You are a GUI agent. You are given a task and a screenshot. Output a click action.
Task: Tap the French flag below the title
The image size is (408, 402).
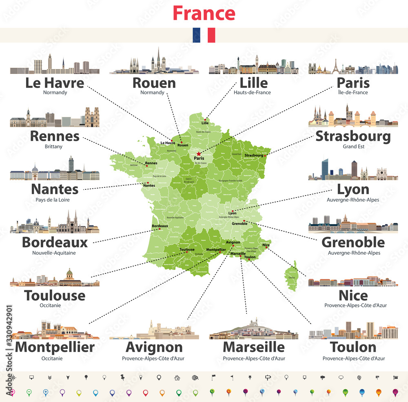(204, 35)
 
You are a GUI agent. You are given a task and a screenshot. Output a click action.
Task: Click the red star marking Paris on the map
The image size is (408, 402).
(199, 154)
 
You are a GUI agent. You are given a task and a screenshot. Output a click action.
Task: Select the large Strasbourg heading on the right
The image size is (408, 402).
(353, 136)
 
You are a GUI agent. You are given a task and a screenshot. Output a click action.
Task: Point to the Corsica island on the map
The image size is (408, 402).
(292, 278)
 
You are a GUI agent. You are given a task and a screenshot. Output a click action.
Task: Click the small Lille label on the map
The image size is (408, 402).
(205, 123)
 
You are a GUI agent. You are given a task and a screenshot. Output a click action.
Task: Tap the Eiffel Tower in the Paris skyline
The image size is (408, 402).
(335, 66)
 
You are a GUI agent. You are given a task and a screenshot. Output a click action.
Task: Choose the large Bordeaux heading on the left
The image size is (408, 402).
(55, 242)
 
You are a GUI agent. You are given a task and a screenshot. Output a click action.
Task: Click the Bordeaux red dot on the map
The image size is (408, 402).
(160, 229)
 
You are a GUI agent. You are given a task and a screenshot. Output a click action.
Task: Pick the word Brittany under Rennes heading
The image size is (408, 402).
(54, 147)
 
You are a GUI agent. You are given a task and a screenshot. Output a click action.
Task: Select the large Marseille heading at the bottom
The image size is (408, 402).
(254, 347)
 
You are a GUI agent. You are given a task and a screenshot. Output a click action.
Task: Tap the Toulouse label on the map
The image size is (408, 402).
(187, 249)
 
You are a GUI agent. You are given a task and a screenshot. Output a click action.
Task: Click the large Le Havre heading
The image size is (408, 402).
(55, 83)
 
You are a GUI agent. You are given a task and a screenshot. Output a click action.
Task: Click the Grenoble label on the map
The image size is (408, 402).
(239, 223)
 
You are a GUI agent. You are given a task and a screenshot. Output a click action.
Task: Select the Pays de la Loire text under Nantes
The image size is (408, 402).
(54, 200)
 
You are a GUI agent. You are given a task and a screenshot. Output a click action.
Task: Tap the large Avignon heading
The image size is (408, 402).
(154, 347)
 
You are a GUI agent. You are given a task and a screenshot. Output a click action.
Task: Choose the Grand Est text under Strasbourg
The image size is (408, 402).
(353, 147)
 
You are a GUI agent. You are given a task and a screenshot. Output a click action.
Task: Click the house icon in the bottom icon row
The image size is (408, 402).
(177, 378)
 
